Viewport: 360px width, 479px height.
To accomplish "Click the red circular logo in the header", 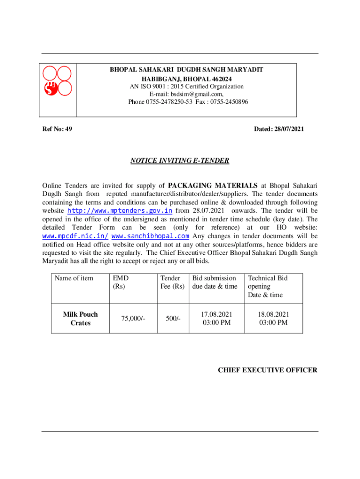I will (57, 80).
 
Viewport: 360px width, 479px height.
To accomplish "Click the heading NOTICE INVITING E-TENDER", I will (180, 161).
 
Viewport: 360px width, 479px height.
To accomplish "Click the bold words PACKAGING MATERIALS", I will (213, 185).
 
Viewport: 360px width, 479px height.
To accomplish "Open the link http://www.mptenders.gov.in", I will (120, 211).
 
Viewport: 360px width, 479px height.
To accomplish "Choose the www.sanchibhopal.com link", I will (151, 236).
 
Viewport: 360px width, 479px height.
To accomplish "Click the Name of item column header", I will (74, 278).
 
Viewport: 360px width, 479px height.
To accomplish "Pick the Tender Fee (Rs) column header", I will (172, 282).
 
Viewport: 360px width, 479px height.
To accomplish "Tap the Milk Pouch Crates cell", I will (80, 319).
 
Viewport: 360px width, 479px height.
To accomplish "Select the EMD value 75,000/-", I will (133, 319).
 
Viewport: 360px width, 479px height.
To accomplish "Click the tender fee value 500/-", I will (173, 319).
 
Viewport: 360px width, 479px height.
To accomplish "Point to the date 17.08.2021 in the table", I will (216, 314).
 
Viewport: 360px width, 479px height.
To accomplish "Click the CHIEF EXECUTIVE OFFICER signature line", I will (267, 370).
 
